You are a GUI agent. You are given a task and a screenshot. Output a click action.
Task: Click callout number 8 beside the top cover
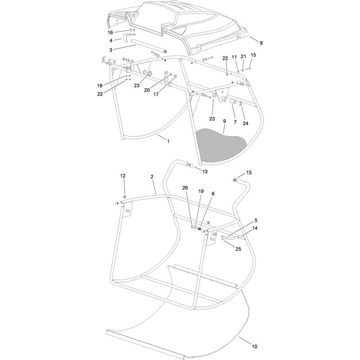pyautogui.click(x=261, y=43)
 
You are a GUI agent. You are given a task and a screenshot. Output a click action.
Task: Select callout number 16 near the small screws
pyautogui.click(x=110, y=32)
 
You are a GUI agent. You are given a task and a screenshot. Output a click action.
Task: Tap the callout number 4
pyautogui.click(x=111, y=40)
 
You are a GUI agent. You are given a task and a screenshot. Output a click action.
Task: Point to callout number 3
pyautogui.click(x=111, y=50)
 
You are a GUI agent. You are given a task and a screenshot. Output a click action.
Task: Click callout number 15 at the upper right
pyautogui.click(x=253, y=55)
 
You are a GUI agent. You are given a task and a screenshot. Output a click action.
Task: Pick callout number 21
pyautogui.click(x=243, y=57)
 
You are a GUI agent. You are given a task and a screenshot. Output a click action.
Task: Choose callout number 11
pyautogui.click(x=234, y=57)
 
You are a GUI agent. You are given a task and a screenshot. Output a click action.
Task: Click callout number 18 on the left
pyautogui.click(x=99, y=85)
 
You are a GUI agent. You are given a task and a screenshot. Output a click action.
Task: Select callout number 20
pyautogui.click(x=147, y=90)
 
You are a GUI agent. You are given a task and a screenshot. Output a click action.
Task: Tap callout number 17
pyautogui.click(x=156, y=94)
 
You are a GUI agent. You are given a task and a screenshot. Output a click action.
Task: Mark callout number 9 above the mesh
pyautogui.click(x=224, y=121)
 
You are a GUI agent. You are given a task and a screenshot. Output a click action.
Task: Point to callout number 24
pyautogui.click(x=245, y=123)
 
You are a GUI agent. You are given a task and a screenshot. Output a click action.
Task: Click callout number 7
pyautogui.click(x=235, y=122)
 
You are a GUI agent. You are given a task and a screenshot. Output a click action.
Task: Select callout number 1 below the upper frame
pyautogui.click(x=168, y=141)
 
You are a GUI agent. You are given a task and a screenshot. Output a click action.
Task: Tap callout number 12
pyautogui.click(x=123, y=176)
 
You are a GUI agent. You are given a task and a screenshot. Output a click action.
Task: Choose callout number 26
pyautogui.click(x=185, y=188)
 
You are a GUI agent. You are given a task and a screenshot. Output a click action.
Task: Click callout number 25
pyautogui.click(x=238, y=249)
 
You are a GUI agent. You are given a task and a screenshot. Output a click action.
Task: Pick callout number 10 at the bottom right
pyautogui.click(x=254, y=346)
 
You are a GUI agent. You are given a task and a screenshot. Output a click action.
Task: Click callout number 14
pyautogui.click(x=255, y=228)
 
